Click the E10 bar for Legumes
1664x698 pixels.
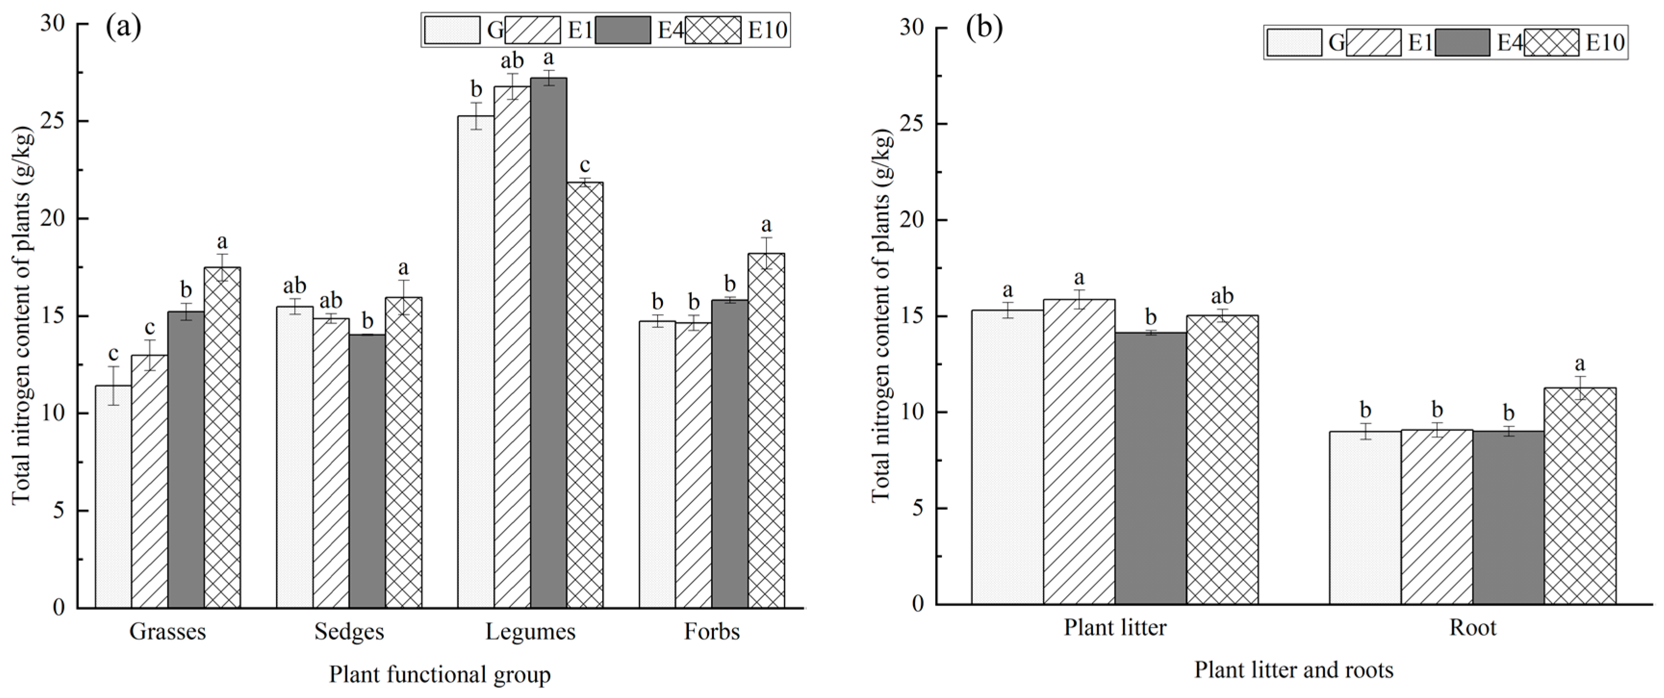(584, 394)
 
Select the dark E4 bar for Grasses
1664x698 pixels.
(186, 458)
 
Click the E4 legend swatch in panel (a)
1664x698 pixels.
(622, 30)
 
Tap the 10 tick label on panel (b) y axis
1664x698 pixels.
(912, 412)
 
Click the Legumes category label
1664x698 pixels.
(530, 632)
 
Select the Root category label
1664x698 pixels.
(1473, 628)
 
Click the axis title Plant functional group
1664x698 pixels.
(440, 675)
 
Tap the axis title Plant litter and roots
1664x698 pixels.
(1293, 670)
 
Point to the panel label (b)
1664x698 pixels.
(984, 29)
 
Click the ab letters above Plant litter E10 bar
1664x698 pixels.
(1221, 296)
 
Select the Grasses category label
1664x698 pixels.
(167, 632)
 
